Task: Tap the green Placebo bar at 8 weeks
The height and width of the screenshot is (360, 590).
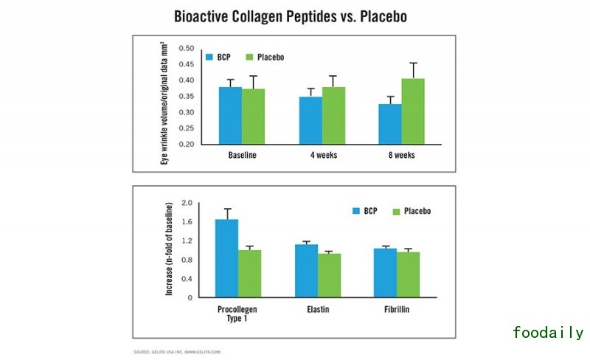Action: pos(414,111)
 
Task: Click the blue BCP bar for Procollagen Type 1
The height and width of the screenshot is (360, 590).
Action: pos(226,258)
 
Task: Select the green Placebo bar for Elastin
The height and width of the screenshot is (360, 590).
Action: pos(330,275)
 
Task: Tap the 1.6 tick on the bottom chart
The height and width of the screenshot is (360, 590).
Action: pos(187,222)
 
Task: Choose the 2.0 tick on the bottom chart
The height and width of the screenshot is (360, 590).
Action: pos(187,203)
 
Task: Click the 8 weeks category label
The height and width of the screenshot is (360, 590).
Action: pos(400,156)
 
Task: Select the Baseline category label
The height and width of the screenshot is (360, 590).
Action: pos(242,156)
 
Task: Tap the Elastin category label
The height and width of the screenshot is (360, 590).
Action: pos(319,309)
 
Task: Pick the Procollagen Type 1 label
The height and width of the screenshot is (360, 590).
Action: pos(238,314)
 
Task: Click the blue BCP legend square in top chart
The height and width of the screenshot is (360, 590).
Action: pos(210,57)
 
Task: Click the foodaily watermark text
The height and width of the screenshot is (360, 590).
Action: pos(548,333)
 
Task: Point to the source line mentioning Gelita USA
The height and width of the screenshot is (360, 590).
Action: pos(177,351)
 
